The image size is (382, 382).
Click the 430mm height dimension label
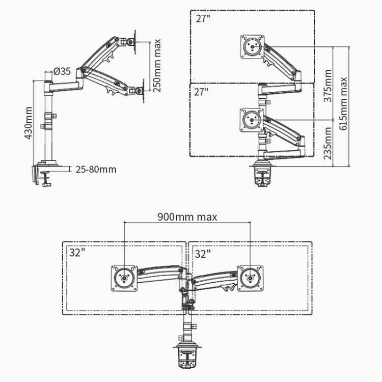[29, 123]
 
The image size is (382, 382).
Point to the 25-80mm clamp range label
[95, 169]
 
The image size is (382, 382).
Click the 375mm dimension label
[329, 86]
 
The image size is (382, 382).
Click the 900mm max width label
[187, 217]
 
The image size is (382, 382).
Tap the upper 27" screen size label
[202, 19]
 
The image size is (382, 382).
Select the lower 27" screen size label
[202, 92]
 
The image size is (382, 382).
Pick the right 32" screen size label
[202, 252]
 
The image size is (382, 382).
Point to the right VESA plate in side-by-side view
[250, 278]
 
